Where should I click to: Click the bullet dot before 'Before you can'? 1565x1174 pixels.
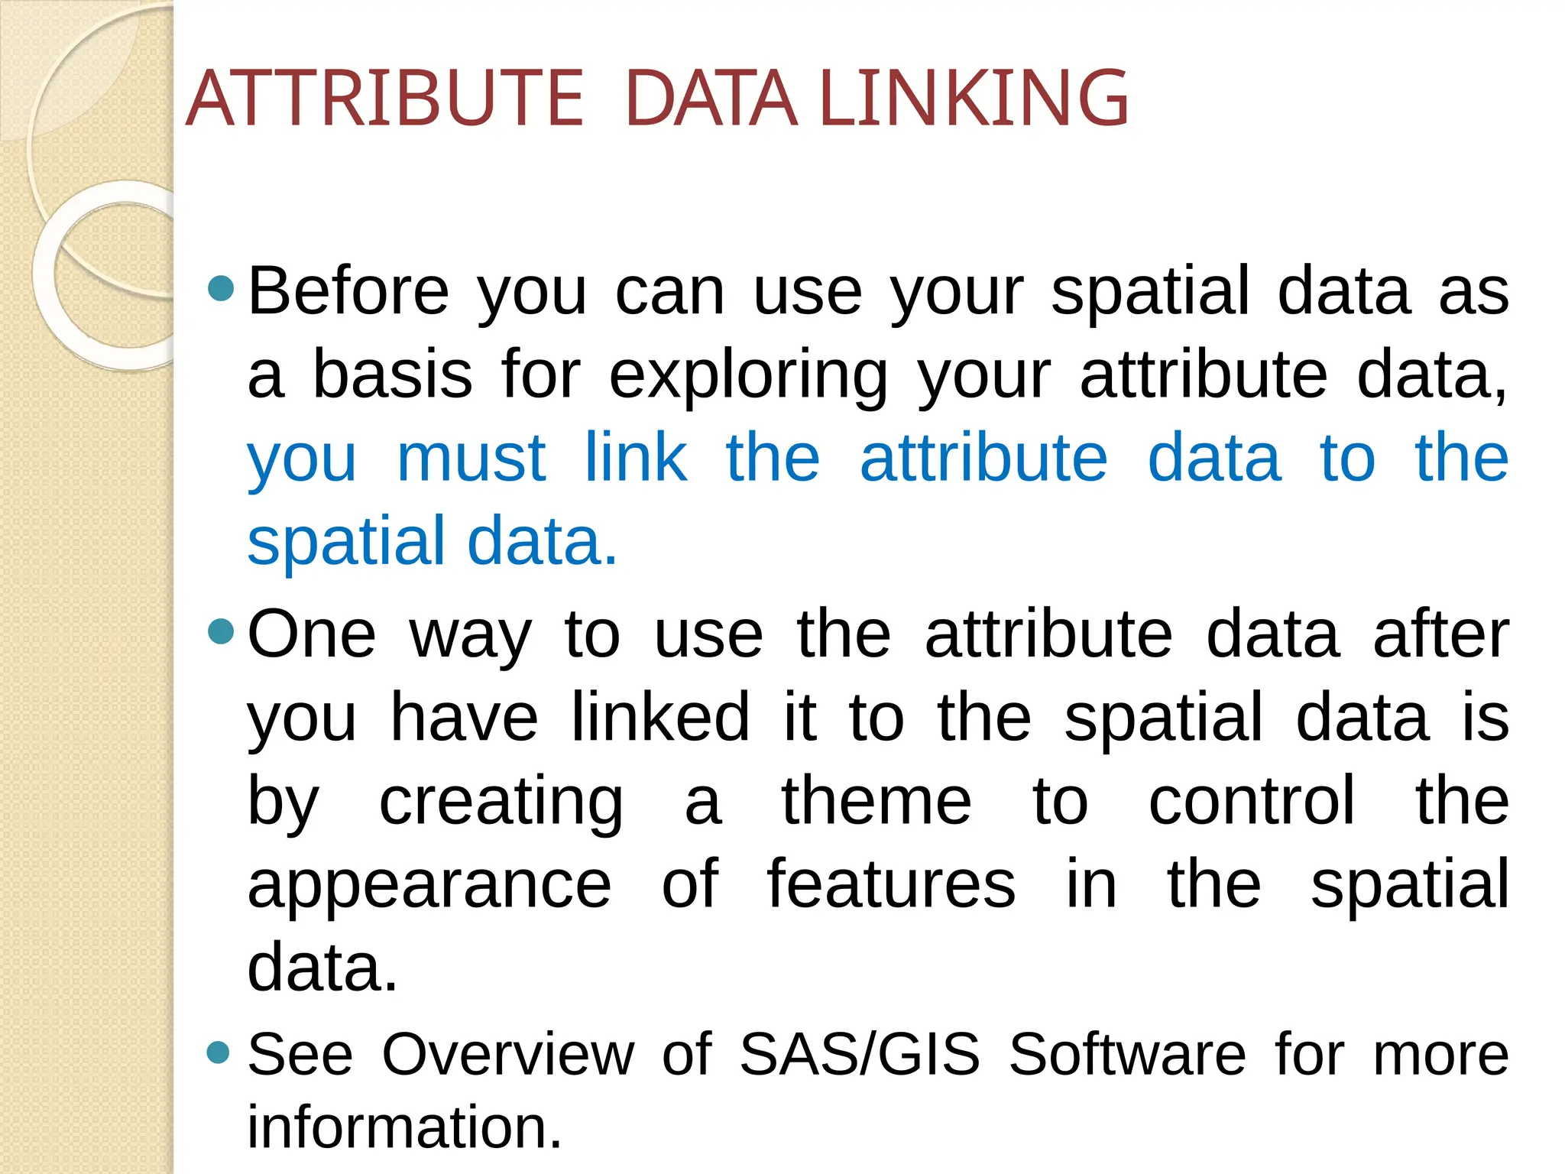[x=221, y=287]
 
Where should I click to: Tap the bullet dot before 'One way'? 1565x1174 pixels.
[x=221, y=631]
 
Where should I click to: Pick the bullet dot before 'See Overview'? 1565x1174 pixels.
[x=219, y=1052]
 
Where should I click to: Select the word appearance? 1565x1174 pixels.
[x=429, y=884]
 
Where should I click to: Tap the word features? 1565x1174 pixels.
[x=891, y=884]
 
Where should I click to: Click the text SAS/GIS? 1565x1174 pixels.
[x=860, y=1055]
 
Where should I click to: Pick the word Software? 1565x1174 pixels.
[x=1128, y=1055]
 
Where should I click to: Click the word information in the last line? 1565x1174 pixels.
[x=404, y=1127]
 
